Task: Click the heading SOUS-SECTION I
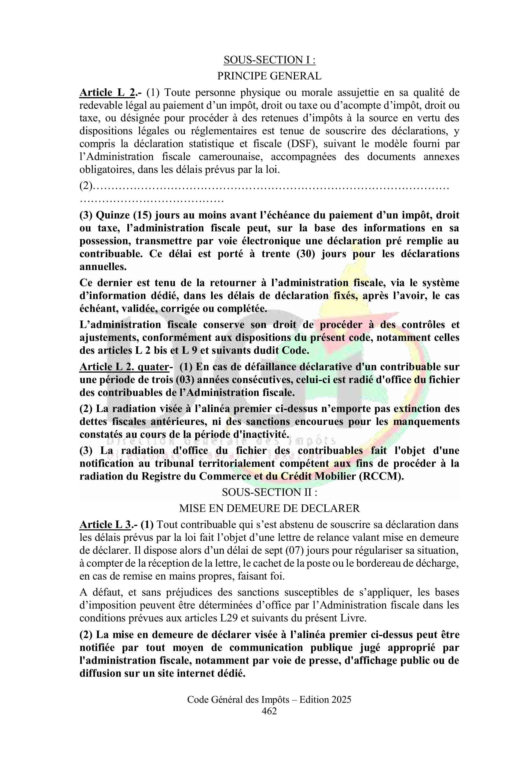tap(269, 60)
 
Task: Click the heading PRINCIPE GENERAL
tap(269, 76)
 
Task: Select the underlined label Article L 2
tap(107, 93)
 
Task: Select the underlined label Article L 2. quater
tap(124, 367)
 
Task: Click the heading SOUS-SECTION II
tap(269, 492)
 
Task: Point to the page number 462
tap(269, 711)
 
